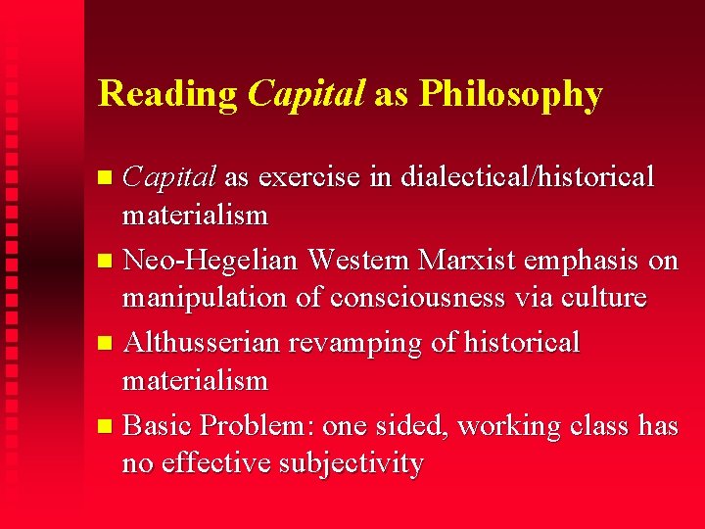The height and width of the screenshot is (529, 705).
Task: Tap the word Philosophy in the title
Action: point(510,94)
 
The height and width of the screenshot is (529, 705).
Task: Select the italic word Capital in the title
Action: point(305,94)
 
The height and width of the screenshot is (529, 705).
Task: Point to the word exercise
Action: point(311,177)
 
